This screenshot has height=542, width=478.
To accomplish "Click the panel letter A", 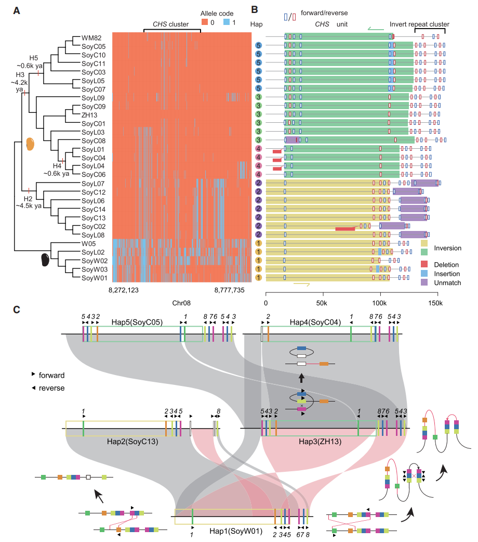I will click(17, 10).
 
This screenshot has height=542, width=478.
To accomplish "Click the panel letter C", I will click(17, 309).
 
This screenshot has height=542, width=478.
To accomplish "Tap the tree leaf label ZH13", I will click(89, 115).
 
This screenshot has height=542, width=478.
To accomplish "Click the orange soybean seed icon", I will click(31, 145).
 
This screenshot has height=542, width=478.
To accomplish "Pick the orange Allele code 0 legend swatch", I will click(205, 22).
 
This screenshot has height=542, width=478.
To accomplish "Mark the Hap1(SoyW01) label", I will click(233, 531).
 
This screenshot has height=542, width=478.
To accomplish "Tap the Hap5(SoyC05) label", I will click(140, 322).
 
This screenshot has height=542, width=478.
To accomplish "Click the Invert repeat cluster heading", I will click(419, 24).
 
